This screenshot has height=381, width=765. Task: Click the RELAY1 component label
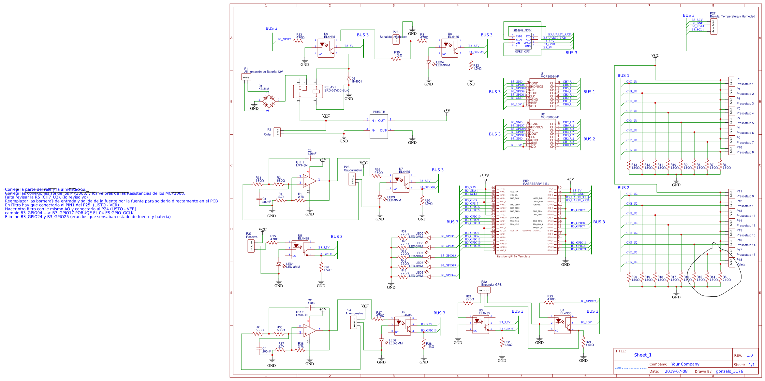(330, 87)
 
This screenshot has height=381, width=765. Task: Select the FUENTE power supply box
(379, 126)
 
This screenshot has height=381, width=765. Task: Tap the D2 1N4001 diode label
(357, 80)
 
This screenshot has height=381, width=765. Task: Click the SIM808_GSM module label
(522, 30)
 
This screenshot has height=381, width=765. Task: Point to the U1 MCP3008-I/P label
(550, 75)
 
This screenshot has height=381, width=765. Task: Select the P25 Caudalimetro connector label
(353, 169)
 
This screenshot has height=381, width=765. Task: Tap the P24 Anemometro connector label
(354, 312)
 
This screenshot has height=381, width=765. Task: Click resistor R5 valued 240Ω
(726, 279)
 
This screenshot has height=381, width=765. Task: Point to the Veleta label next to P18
(741, 265)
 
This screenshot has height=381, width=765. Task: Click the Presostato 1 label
(745, 84)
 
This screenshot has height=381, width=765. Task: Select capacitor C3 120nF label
(312, 152)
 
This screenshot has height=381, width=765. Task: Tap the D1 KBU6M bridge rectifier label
(263, 88)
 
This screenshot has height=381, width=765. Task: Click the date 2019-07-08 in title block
(676, 371)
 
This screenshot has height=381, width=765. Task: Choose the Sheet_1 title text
(642, 355)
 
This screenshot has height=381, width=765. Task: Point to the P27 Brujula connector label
(732, 15)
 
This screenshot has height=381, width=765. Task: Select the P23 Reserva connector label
(251, 235)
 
